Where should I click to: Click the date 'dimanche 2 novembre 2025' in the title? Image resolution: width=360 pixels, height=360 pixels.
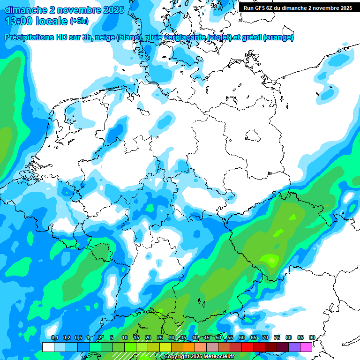(x=64, y=9)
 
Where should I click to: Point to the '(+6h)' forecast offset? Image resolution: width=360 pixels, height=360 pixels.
(x=79, y=21)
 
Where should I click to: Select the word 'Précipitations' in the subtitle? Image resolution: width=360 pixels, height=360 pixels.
(x=29, y=37)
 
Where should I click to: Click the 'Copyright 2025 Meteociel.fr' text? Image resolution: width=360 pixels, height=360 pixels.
(x=199, y=357)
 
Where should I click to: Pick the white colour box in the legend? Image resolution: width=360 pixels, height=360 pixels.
(x=48, y=347)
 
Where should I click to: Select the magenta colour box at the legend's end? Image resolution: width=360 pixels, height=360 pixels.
(x=306, y=347)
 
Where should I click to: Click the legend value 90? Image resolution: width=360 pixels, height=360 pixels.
(x=312, y=338)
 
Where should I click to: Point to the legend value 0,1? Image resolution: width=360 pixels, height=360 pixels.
(x=54, y=338)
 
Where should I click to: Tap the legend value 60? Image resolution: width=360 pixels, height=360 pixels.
(x=242, y=338)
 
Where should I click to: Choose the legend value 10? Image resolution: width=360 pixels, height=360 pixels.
(x=124, y=338)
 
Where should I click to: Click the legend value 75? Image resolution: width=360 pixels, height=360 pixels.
(x=277, y=338)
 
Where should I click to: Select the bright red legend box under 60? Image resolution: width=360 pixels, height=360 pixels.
(x=247, y=347)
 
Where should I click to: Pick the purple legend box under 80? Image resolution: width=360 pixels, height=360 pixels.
(x=294, y=347)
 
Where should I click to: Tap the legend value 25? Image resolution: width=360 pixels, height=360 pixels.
(x=160, y=338)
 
